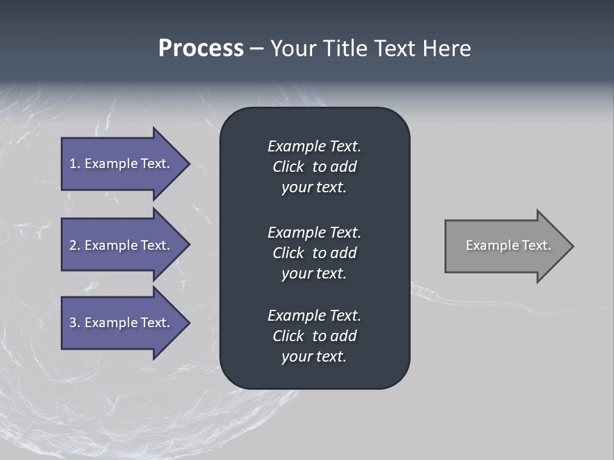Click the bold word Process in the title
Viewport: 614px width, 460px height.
click(201, 49)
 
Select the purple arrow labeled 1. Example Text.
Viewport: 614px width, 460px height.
click(122, 164)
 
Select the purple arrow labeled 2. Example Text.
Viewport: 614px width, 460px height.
click(122, 245)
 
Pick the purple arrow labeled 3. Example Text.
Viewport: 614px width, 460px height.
click(122, 323)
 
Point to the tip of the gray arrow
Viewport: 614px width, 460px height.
click(572, 246)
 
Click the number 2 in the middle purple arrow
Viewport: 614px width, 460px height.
click(73, 245)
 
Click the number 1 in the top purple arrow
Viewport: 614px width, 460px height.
click(73, 164)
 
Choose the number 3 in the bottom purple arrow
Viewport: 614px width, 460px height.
click(73, 323)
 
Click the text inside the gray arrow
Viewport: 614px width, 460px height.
click(508, 245)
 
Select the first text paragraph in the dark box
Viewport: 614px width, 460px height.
click(314, 167)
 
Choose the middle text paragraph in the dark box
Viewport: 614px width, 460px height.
click(314, 253)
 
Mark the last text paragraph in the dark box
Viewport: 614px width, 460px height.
click(314, 336)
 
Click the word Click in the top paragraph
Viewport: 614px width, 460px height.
click(288, 167)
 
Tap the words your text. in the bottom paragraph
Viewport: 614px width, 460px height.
click(314, 356)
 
